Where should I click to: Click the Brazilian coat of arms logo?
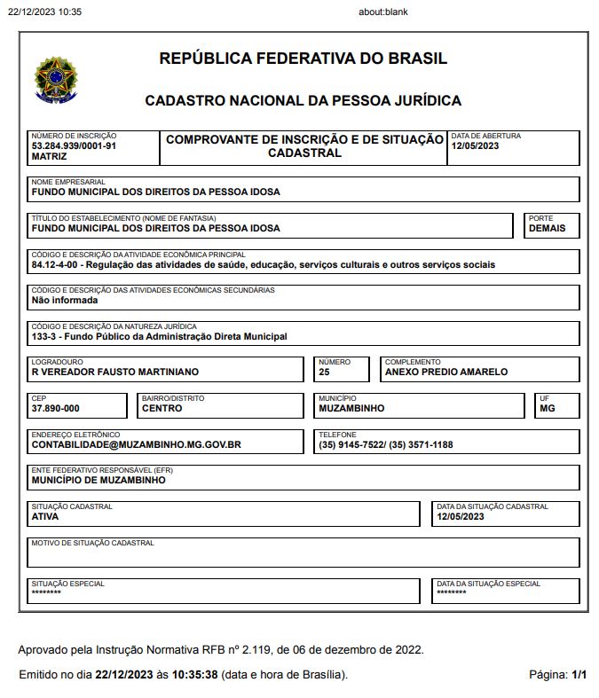(55, 80)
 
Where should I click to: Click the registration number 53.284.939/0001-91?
(74, 145)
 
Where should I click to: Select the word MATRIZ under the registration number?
(49, 156)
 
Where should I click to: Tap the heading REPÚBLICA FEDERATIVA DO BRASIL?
(303, 59)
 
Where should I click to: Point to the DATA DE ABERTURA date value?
(475, 146)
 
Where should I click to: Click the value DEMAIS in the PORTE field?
(547, 228)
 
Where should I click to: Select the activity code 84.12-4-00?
(56, 264)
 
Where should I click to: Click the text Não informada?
(65, 301)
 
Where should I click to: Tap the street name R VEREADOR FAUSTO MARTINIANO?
(114, 373)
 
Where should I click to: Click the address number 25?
(324, 373)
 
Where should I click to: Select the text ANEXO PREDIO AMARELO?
(445, 373)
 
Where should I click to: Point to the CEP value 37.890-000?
(55, 409)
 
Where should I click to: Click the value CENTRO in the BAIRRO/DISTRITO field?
(162, 409)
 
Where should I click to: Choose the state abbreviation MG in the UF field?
(547, 409)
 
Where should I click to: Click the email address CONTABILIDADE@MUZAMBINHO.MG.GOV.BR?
(136, 445)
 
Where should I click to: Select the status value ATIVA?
(45, 516)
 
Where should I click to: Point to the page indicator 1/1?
(579, 675)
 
